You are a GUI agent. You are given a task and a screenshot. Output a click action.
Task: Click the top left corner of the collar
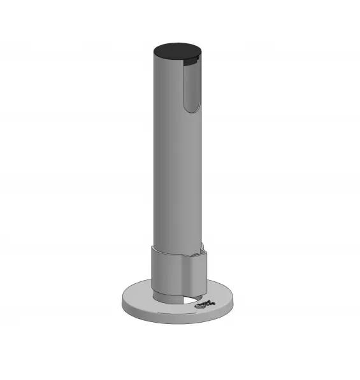point(151,247)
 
